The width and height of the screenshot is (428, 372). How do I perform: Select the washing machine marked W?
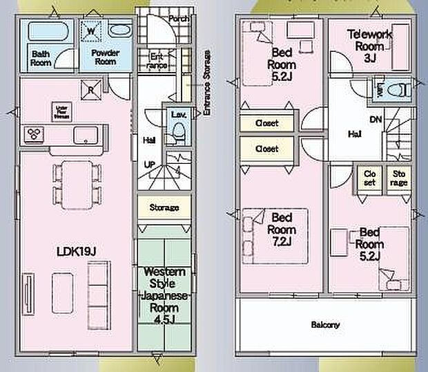(90, 30)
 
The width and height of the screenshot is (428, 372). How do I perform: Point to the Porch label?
(179, 19)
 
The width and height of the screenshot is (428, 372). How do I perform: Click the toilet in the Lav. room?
(177, 131)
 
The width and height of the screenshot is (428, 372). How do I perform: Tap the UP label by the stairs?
(149, 165)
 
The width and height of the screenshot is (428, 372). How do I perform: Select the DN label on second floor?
(375, 120)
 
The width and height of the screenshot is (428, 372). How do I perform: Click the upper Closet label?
(266, 123)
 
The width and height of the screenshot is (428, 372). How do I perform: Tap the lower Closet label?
(266, 149)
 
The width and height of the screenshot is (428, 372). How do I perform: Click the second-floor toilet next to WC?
(395, 89)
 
